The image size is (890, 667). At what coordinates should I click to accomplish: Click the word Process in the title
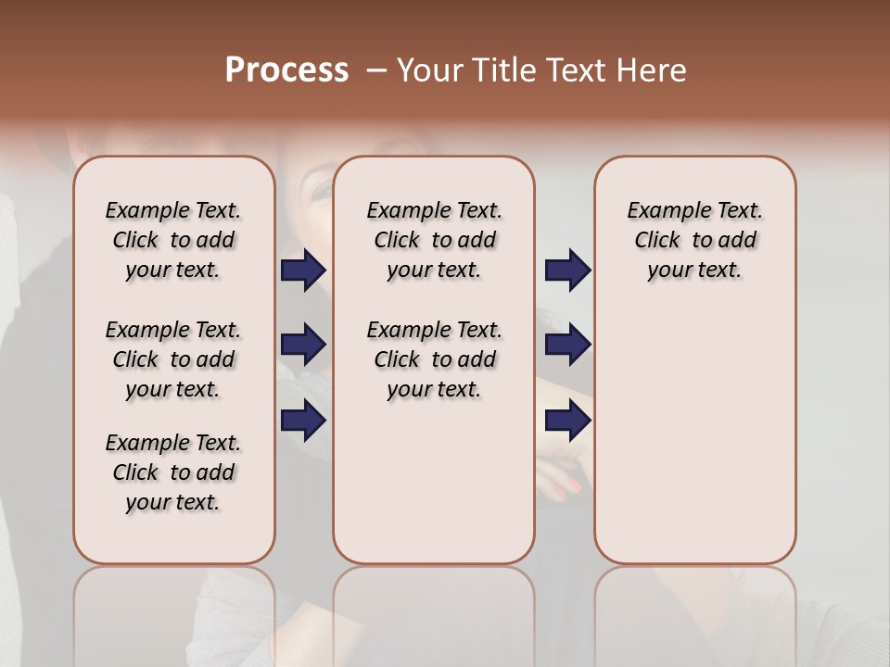(x=286, y=69)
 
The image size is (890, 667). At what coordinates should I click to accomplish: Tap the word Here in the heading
(x=653, y=70)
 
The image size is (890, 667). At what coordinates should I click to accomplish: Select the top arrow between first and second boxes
(x=303, y=271)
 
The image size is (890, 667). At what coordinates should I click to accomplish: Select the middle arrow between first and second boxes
(x=303, y=345)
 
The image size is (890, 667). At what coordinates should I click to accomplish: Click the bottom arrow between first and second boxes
(x=303, y=421)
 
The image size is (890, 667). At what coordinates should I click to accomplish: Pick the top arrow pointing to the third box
(x=567, y=271)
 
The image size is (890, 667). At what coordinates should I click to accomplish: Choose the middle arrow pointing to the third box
(x=567, y=345)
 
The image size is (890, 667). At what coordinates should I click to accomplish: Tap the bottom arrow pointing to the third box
(x=567, y=421)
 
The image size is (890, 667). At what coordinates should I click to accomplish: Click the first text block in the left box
(x=173, y=240)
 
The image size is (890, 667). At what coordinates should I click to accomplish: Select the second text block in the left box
(x=173, y=359)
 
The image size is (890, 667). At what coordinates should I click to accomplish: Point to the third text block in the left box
(x=173, y=472)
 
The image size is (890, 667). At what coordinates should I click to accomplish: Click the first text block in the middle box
(x=434, y=240)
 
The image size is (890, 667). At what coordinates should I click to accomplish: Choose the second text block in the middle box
(x=434, y=359)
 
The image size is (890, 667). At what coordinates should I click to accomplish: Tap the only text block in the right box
(x=694, y=240)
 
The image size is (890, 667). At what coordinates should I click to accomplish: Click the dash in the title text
(x=375, y=70)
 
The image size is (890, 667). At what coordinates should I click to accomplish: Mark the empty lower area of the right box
(x=694, y=445)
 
